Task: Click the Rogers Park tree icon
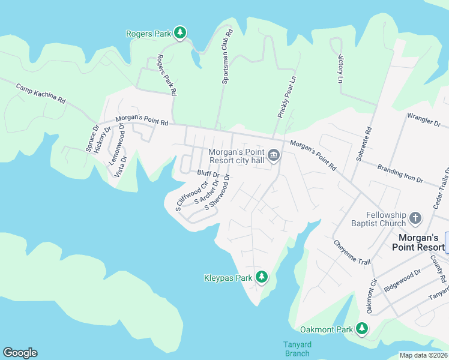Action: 179,34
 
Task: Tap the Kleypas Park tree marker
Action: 261,277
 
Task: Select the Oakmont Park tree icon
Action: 361,329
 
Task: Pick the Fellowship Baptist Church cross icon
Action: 415,219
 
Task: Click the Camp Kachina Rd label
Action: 41,93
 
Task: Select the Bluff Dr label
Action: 208,173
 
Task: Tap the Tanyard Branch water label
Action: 297,349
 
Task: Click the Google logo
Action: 20,353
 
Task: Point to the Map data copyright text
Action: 423,355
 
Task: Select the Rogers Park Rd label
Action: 166,76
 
